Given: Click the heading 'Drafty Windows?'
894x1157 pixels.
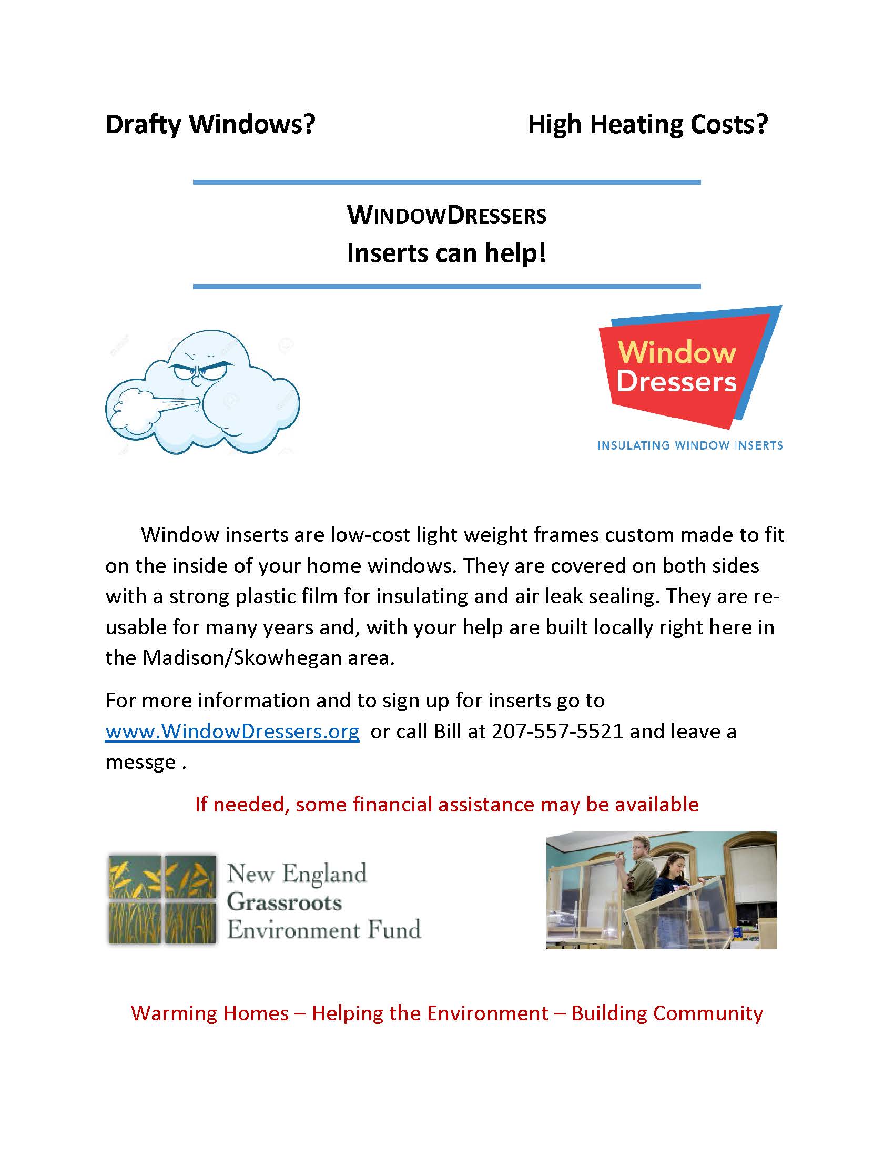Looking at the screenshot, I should pyautogui.click(x=210, y=125).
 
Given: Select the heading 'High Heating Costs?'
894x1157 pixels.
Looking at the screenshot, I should pyautogui.click(x=647, y=125).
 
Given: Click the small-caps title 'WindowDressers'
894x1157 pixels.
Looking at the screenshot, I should pyautogui.click(x=446, y=215).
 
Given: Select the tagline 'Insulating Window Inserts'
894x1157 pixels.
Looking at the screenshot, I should pyautogui.click(x=689, y=445).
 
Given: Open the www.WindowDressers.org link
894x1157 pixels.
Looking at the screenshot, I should pyautogui.click(x=232, y=731).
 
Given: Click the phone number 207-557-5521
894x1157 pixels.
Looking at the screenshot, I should pyautogui.click(x=557, y=731).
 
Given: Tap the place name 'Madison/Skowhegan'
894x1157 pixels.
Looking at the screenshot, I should pyautogui.click(x=242, y=658).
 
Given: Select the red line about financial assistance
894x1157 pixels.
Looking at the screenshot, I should pyautogui.click(x=446, y=804).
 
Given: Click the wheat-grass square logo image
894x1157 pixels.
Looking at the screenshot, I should pyautogui.click(x=162, y=898).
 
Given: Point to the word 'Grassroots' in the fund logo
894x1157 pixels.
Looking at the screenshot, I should pyautogui.click(x=284, y=902).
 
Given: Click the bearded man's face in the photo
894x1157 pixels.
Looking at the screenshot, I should pyautogui.click(x=639, y=849).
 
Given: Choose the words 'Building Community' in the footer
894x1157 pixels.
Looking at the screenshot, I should pyautogui.click(x=667, y=1013).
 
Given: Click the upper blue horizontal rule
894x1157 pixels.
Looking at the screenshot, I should pyautogui.click(x=446, y=182).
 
